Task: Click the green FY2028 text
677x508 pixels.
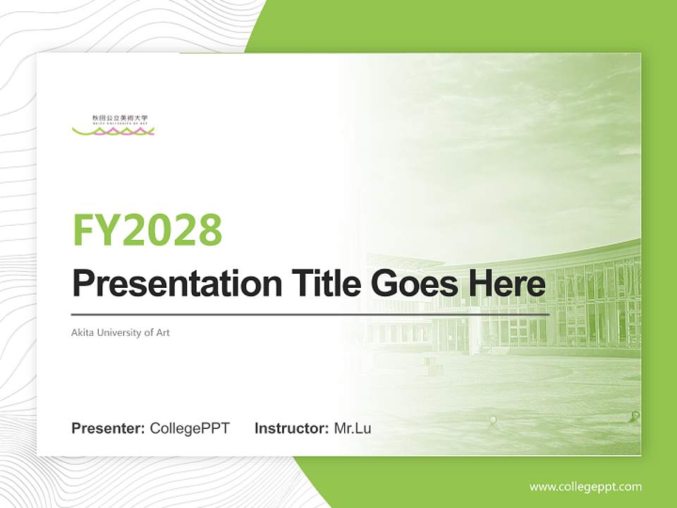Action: [x=147, y=229]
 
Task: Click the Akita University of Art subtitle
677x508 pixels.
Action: [x=121, y=332]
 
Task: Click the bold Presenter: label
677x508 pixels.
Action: [x=109, y=428]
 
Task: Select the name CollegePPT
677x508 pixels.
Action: [x=190, y=428]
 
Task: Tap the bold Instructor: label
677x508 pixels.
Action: [x=291, y=428]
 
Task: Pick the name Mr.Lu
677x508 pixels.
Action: [x=353, y=428]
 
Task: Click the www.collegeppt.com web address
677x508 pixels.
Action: [x=585, y=486]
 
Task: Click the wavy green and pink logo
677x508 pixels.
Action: [x=113, y=131]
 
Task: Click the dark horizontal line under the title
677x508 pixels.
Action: [x=310, y=314]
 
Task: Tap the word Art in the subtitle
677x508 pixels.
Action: [x=162, y=332]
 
